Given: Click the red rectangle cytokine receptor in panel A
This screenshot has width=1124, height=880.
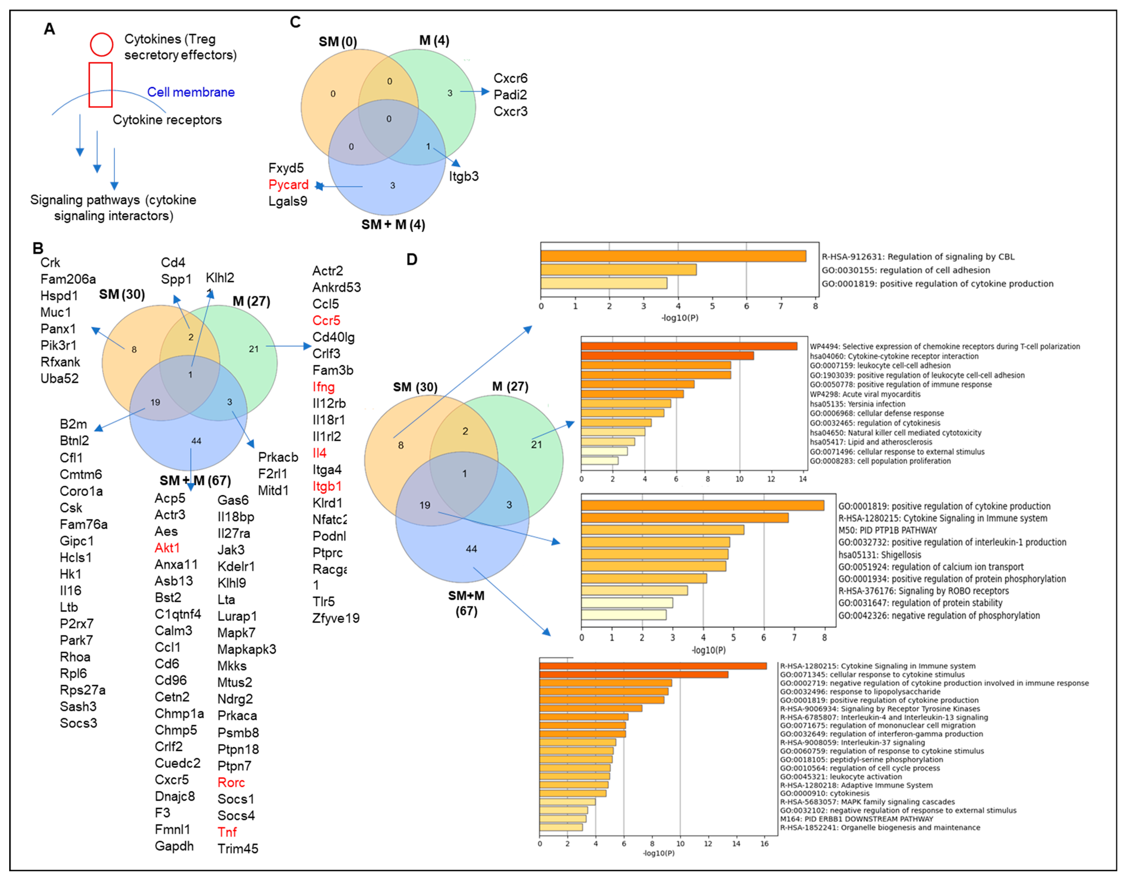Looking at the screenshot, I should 100,85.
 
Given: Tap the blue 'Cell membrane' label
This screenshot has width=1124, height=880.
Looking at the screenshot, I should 191,92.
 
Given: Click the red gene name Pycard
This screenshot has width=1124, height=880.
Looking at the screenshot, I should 288,185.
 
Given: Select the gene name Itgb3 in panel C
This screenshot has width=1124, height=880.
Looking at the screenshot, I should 464,176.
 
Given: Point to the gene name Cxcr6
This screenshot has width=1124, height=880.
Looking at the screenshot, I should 510,78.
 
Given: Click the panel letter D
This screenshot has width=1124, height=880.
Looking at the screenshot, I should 412,259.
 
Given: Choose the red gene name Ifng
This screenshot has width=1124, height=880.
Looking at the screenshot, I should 324,386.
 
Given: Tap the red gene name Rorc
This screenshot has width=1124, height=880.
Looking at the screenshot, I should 231,782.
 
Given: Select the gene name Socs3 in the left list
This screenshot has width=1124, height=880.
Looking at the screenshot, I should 78,723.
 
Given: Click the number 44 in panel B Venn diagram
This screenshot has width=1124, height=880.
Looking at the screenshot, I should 196,441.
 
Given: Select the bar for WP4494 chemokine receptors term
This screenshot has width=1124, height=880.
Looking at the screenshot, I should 689,346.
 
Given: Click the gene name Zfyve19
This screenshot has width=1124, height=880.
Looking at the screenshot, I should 336,618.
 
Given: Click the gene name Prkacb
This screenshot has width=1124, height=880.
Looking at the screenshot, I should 278,457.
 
